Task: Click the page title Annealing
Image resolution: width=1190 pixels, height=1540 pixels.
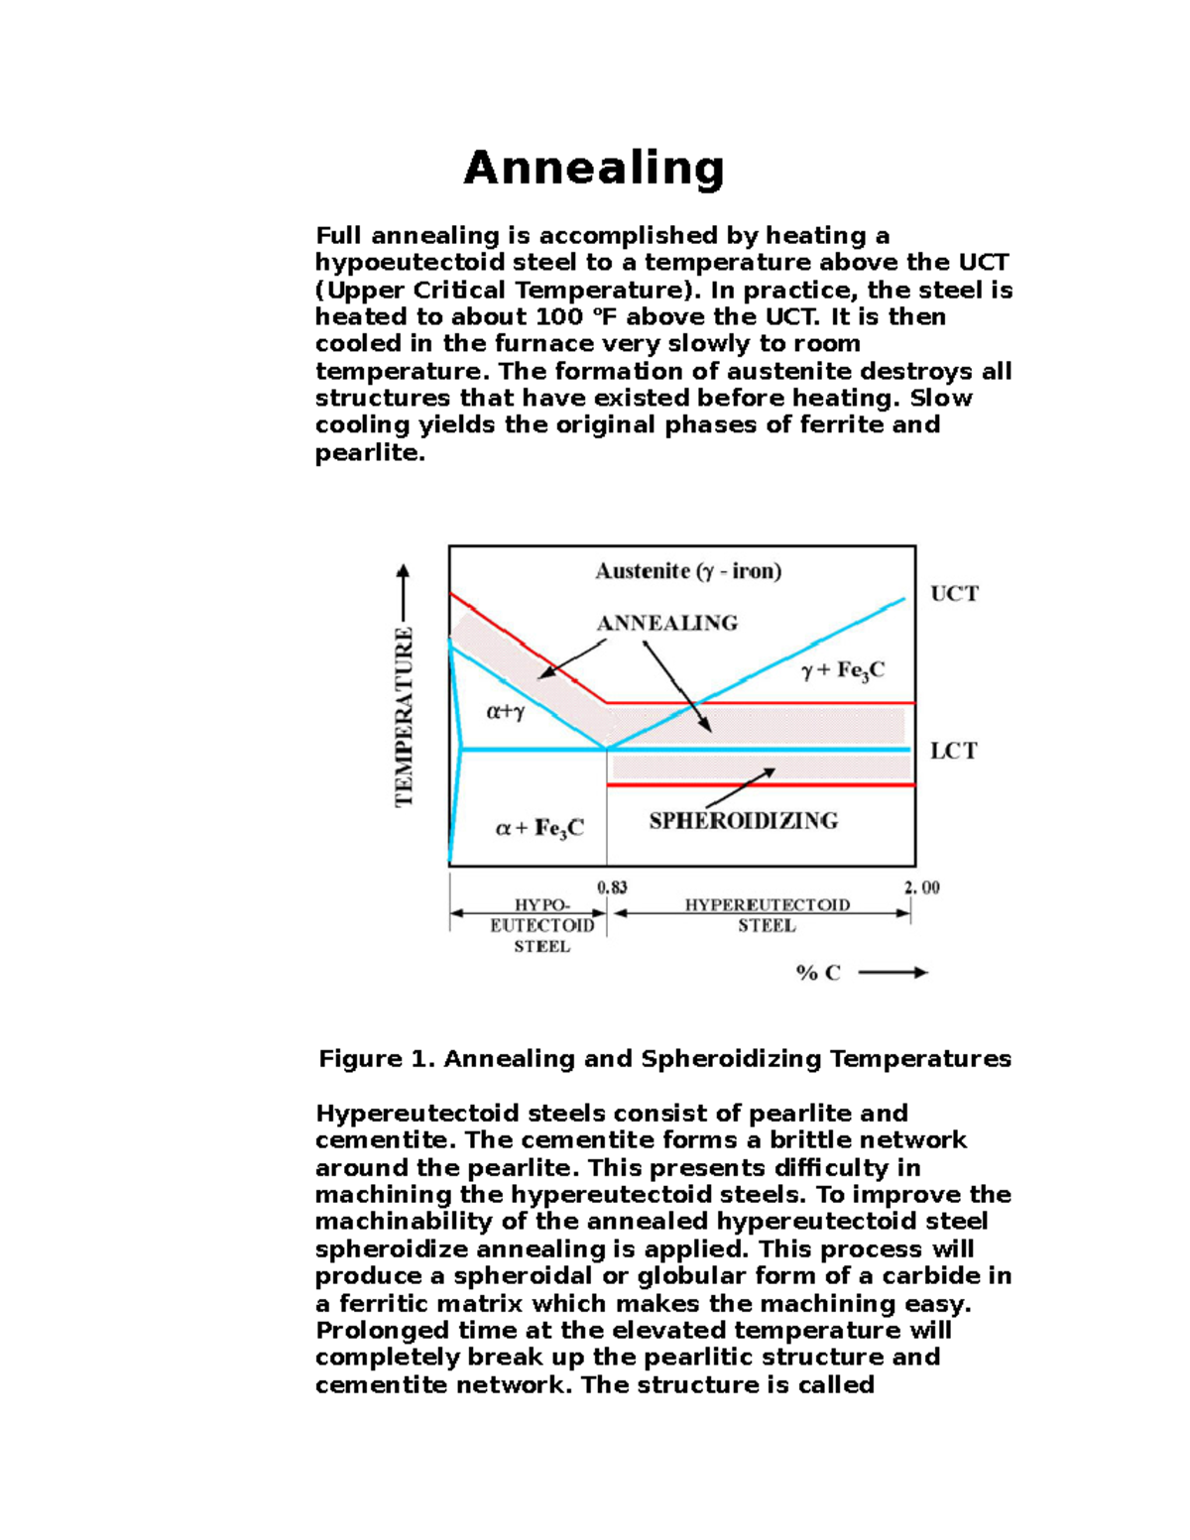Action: coord(594,168)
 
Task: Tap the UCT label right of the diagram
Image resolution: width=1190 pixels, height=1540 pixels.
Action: coord(954,594)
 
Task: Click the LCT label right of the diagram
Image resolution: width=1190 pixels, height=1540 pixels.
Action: coord(953,751)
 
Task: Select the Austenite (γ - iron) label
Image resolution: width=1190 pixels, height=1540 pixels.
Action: coord(688,571)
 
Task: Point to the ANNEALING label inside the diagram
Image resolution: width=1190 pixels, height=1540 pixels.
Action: coord(666,623)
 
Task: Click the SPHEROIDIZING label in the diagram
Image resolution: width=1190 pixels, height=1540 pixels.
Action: coord(743,821)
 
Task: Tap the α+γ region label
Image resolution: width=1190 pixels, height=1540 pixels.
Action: coord(506,711)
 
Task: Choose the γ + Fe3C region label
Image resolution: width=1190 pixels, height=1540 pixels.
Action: coord(842,671)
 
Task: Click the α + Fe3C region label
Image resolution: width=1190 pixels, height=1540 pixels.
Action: coord(539,828)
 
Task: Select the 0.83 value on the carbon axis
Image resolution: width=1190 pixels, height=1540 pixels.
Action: coord(612,888)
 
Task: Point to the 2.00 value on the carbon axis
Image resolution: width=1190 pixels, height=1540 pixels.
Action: coord(921,888)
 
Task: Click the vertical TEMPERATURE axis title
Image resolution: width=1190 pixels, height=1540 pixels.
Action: coord(405,716)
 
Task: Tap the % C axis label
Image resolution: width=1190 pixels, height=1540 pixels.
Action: coord(818,973)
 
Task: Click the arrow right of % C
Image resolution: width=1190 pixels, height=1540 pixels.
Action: coord(892,973)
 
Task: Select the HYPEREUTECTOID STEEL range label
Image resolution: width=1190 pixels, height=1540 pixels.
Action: coord(767,915)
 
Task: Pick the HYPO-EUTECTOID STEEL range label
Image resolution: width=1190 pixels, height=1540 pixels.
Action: coord(541,925)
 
